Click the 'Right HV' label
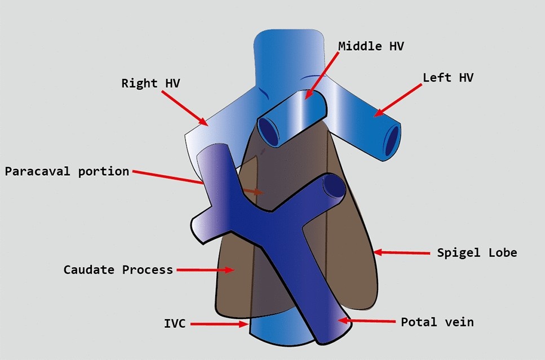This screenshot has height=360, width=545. coord(147,83)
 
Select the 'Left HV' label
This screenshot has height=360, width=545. coord(448,78)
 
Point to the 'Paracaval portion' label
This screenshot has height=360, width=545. coord(67,171)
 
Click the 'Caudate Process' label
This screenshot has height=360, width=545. coord(118,270)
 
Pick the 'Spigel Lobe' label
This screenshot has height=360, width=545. coord(477,252)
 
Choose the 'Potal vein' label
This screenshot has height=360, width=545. coord(437,322)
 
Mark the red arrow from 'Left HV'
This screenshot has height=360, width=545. coord(397,101)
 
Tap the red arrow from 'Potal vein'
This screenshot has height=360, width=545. coord(366,321)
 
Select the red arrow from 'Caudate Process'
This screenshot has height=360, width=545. coord(205,270)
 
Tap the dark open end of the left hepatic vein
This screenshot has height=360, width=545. coord(392,141)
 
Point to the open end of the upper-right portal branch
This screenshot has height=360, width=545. coord(333,186)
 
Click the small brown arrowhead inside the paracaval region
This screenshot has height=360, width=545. coord(258,192)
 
